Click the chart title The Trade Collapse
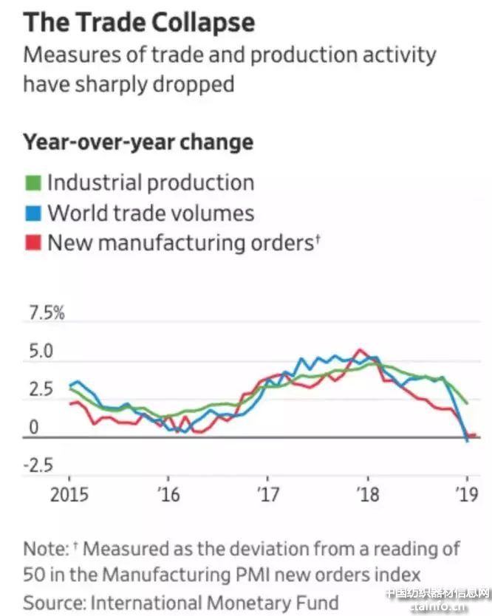(139, 23)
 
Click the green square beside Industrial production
(33, 182)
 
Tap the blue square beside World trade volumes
(33, 213)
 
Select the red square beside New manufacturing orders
(33, 243)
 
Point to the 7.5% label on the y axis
(47, 314)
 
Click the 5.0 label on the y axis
(40, 352)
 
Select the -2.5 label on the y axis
(40, 466)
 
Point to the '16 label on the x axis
(169, 493)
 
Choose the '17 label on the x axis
(267, 493)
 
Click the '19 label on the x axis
(466, 493)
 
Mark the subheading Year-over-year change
(138, 141)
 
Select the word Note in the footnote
(44, 550)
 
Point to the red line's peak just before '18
(360, 350)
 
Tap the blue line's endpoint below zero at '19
(466, 441)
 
